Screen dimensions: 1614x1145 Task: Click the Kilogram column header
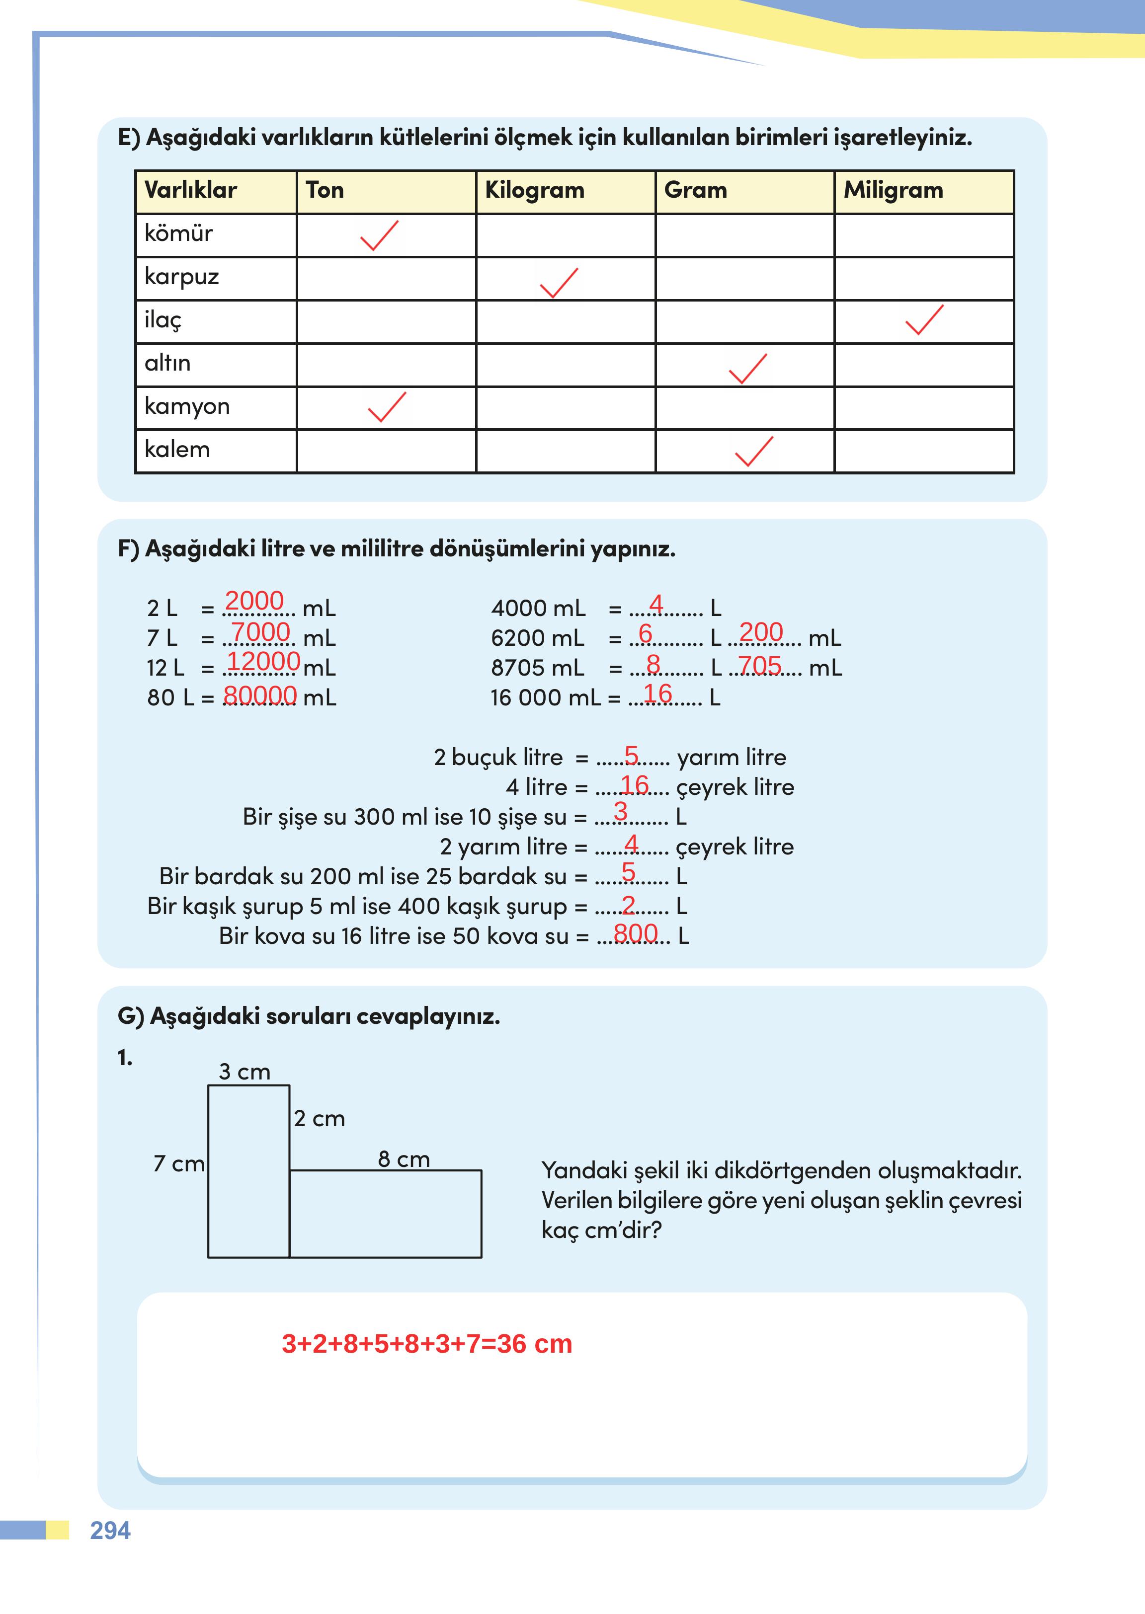pos(534,190)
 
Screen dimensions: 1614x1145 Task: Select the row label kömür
pos(178,233)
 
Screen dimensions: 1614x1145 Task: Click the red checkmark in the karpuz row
pos(559,283)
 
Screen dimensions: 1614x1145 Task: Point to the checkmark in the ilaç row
pos(924,320)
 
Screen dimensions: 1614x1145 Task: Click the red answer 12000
pos(263,661)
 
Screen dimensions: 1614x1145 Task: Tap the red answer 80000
pos(259,695)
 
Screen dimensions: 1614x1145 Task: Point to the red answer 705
pos(759,665)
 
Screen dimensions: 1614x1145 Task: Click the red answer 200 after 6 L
pos(761,632)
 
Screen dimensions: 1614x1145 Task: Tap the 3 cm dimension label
pos(244,1072)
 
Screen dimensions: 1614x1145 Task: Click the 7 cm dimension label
pos(178,1163)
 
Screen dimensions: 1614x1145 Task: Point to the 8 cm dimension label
pos(404,1159)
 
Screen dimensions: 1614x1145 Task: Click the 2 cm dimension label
pos(320,1119)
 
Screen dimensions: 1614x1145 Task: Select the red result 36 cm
pos(534,1344)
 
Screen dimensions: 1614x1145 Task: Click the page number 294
pos(110,1530)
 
